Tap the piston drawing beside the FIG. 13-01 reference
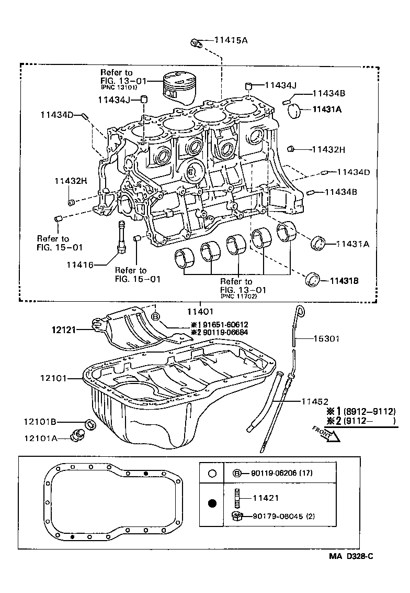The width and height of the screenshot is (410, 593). (180, 86)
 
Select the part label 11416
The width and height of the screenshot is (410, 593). (79, 265)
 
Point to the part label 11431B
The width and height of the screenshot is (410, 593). (344, 281)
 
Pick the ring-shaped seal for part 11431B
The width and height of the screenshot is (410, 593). (314, 279)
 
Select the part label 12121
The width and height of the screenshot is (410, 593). (64, 330)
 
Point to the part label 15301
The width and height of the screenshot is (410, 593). (326, 339)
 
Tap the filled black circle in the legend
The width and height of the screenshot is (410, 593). (212, 504)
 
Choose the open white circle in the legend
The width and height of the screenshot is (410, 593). (212, 473)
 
